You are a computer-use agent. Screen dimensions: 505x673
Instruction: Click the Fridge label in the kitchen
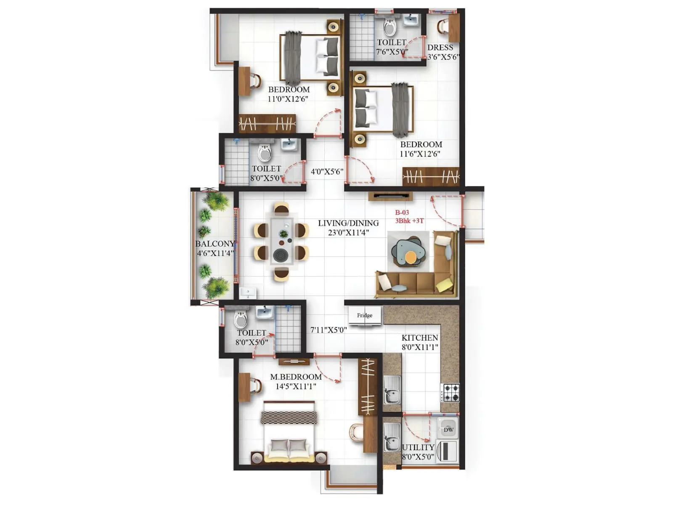(365, 315)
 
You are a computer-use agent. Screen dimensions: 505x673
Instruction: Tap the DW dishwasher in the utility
(448, 430)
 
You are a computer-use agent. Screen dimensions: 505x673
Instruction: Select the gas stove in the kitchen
(450, 393)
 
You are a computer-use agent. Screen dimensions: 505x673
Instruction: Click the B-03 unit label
(402, 213)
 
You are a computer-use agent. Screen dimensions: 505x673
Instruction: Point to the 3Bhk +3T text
(409, 221)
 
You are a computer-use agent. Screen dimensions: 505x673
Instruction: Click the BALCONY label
(215, 244)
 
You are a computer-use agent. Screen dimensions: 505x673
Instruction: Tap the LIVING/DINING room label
(348, 223)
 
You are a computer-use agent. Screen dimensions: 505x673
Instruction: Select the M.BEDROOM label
(296, 377)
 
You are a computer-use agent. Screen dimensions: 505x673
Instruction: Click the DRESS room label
(440, 48)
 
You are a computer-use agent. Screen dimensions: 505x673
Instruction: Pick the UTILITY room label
(418, 447)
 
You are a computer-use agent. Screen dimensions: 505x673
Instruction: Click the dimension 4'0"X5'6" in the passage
(327, 172)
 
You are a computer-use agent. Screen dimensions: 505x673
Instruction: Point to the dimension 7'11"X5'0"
(329, 330)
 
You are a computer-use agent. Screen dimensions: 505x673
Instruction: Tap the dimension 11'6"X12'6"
(420, 154)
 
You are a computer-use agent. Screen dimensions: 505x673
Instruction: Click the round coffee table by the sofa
(410, 257)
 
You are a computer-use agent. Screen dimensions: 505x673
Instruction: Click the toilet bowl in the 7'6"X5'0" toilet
(390, 28)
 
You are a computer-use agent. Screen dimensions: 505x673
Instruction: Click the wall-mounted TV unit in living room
(390, 196)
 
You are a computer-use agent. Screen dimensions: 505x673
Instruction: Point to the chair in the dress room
(443, 27)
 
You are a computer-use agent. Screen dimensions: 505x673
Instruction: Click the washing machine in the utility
(447, 451)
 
